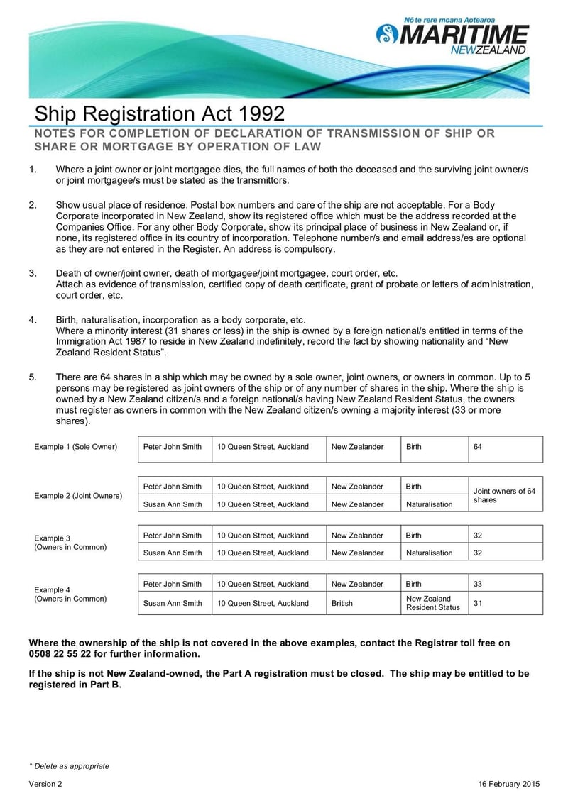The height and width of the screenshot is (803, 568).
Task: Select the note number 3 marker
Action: click(x=33, y=274)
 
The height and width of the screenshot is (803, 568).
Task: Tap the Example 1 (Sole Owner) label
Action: click(x=75, y=447)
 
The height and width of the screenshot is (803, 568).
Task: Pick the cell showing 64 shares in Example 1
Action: click(x=505, y=447)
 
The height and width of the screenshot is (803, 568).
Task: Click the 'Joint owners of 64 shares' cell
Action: click(x=505, y=495)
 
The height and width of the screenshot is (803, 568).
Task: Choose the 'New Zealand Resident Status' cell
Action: click(x=433, y=603)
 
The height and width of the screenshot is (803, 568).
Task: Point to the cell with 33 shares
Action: click(x=505, y=584)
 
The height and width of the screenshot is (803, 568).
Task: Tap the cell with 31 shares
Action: click(x=505, y=603)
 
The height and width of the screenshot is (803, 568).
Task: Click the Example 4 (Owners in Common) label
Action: click(x=70, y=594)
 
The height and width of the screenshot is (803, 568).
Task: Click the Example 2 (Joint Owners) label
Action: click(x=78, y=495)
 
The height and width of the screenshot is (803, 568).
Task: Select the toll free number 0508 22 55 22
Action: click(x=67, y=654)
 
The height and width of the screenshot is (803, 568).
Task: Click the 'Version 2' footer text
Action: click(x=45, y=784)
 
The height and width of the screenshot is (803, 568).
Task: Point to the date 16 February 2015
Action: click(x=509, y=784)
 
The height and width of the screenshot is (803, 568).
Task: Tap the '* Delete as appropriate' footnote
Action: click(x=69, y=766)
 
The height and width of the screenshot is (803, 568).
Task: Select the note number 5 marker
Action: click(x=33, y=377)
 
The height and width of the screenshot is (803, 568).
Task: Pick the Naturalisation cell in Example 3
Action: click(x=429, y=553)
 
